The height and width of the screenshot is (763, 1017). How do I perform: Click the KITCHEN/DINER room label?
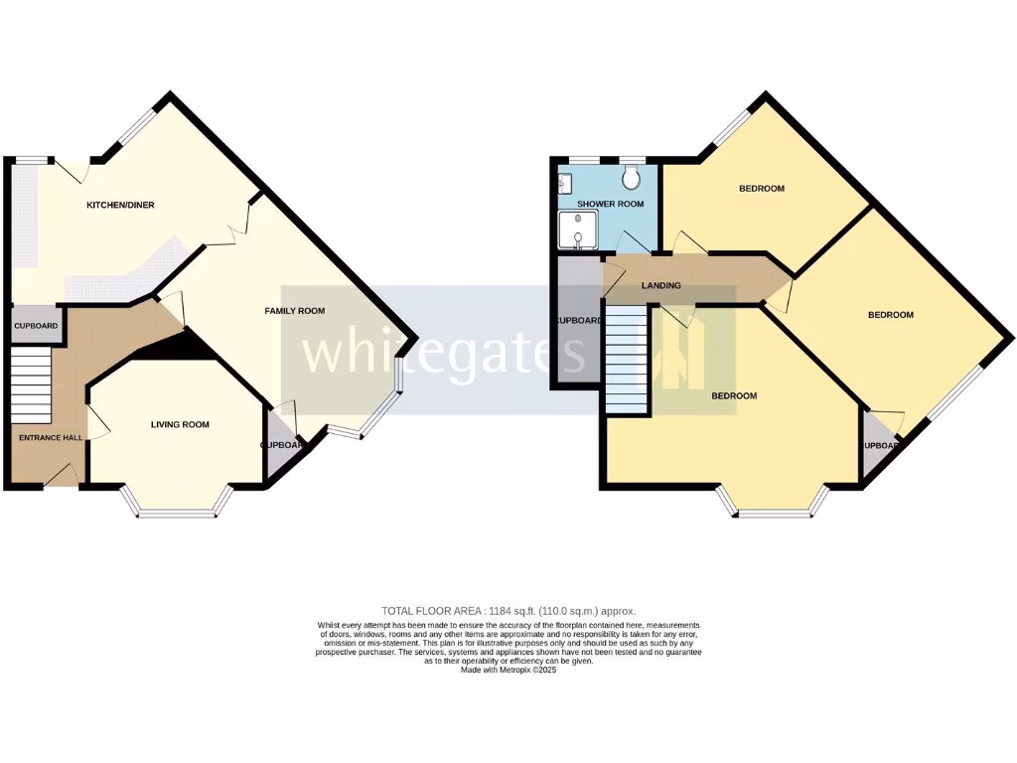pos(120,205)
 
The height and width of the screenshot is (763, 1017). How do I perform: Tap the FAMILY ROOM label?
pos(294,311)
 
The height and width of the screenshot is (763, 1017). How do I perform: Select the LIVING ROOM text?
pos(180,425)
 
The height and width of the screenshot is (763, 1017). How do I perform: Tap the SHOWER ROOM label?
pos(610,204)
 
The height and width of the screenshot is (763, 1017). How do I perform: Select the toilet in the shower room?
pos(630,177)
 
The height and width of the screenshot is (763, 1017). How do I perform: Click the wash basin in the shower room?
pos(564,184)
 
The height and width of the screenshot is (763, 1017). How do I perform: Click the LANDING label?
pos(661,286)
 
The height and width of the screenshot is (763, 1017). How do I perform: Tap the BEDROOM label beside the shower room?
pos(762,189)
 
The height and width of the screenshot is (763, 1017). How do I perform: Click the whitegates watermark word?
pos(442,353)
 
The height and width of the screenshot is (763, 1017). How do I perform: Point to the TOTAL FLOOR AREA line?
pos(508,611)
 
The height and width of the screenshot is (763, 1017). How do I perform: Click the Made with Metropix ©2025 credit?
pos(508,670)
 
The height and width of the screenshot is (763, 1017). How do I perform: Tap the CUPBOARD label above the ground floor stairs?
pos(36,326)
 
